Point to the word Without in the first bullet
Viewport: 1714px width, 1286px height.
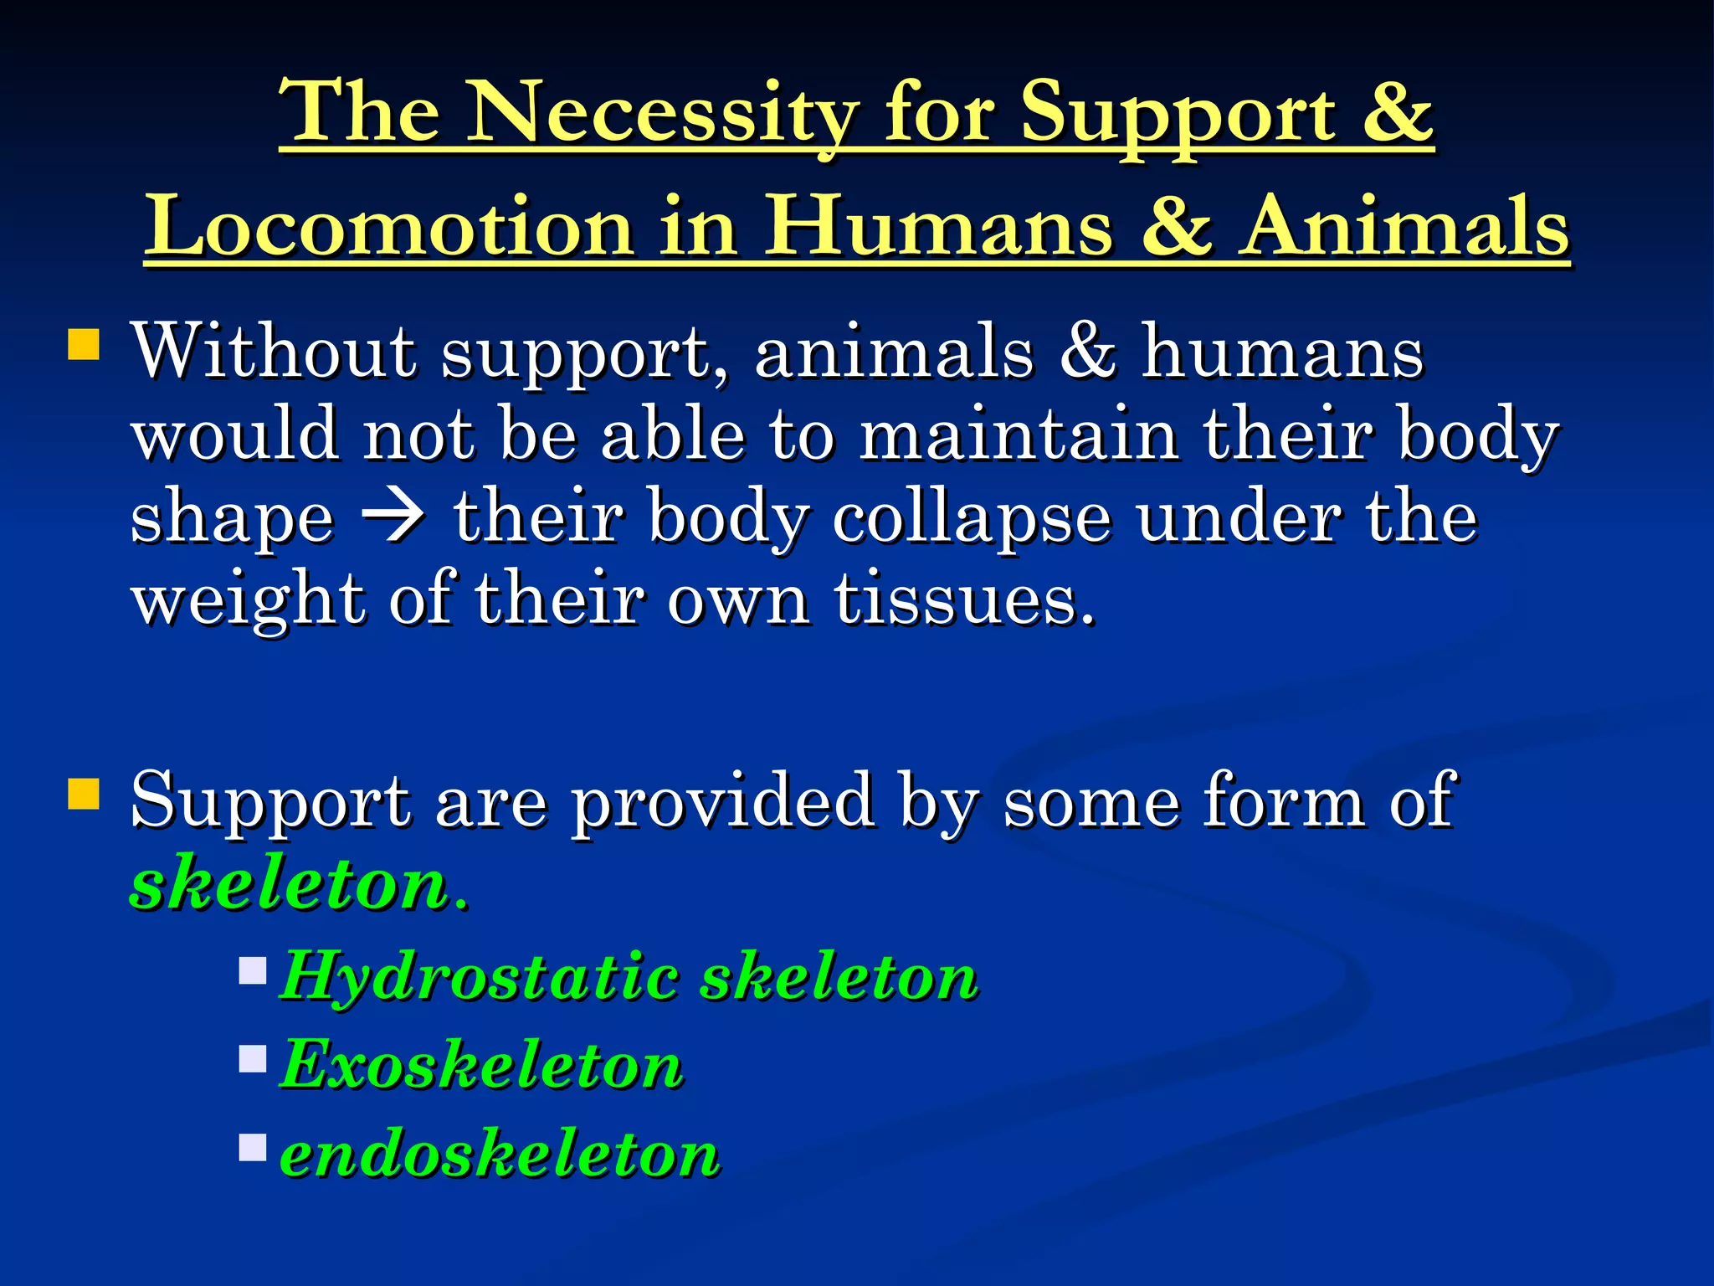[273, 351]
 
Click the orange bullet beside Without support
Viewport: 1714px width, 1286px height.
[84, 344]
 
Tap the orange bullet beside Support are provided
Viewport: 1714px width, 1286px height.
[84, 794]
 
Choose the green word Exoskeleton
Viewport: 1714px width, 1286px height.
[481, 1065]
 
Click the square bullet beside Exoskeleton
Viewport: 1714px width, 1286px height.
[252, 1059]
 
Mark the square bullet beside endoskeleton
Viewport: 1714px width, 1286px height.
[252, 1147]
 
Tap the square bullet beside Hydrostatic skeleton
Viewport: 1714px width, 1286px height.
[252, 970]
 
